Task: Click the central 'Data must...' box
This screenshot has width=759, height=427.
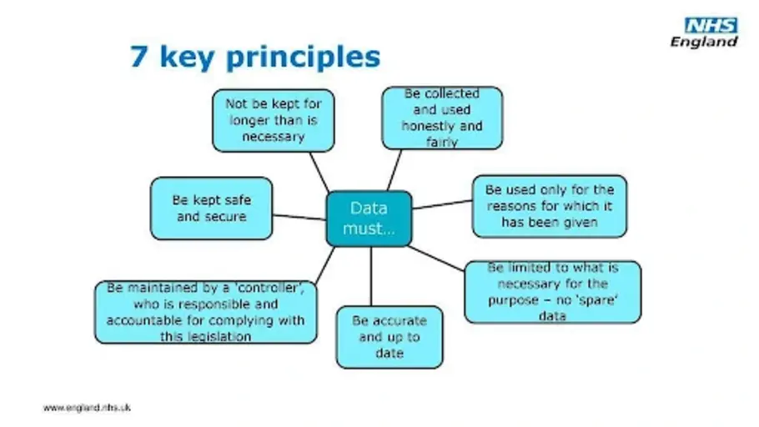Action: (369, 219)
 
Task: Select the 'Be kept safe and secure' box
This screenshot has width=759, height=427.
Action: (211, 208)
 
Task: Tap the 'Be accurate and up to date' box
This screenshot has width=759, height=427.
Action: (389, 337)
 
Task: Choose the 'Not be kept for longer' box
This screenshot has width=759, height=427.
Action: (273, 121)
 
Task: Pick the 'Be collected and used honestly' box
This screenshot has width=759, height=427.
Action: (442, 118)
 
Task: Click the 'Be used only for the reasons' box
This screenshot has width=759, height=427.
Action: (550, 206)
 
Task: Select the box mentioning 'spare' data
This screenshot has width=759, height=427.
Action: (552, 292)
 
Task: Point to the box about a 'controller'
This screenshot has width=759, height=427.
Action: (205, 312)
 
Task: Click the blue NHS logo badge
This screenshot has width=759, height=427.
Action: (711, 26)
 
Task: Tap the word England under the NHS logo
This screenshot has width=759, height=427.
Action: (704, 42)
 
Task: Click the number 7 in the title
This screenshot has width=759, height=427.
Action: (138, 57)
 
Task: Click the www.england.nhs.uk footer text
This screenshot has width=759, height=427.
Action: (87, 408)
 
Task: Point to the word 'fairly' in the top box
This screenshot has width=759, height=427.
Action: (442, 143)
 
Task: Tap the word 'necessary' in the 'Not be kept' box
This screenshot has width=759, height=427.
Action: (273, 137)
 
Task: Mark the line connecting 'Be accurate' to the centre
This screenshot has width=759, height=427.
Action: (371, 276)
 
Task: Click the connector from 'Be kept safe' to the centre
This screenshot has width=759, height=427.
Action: (299, 217)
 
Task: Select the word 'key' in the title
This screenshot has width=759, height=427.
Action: (188, 58)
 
